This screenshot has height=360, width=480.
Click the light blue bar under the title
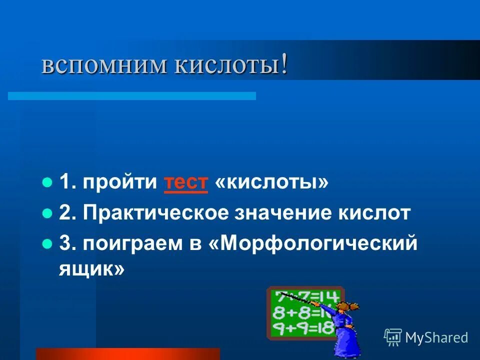132,95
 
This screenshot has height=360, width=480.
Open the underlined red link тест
185,183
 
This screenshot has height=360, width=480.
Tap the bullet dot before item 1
47,182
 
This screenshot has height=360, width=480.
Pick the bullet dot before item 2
47,213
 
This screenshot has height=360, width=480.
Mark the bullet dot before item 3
47,244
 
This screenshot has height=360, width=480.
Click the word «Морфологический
315,245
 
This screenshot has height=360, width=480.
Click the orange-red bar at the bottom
127,354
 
